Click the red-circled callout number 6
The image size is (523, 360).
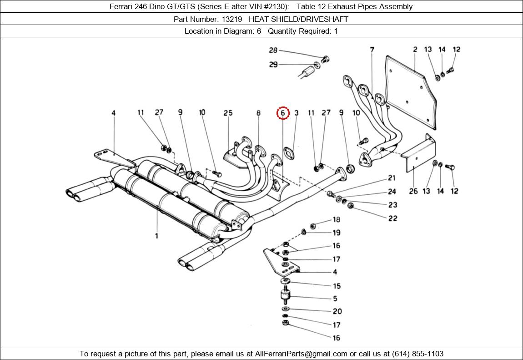click(282, 113)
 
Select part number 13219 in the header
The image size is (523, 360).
click(232, 20)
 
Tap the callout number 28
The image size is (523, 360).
click(273, 50)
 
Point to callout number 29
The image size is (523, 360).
click(273, 64)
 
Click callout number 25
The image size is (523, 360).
click(228, 113)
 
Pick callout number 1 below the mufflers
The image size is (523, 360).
click(156, 236)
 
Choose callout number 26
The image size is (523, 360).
click(413, 191)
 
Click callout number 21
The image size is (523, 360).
click(392, 178)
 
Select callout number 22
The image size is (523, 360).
click(392, 218)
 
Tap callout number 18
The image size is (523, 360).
click(336, 219)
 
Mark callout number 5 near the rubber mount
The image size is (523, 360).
click(335, 298)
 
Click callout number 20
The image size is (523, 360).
click(337, 311)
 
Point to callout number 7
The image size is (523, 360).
click(372, 50)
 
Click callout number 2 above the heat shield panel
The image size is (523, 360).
click(415, 49)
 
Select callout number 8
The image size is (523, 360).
click(258, 113)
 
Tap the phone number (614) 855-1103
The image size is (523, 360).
click(417, 354)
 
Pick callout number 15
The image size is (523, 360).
click(337, 286)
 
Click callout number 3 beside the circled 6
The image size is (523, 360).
click(296, 113)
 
